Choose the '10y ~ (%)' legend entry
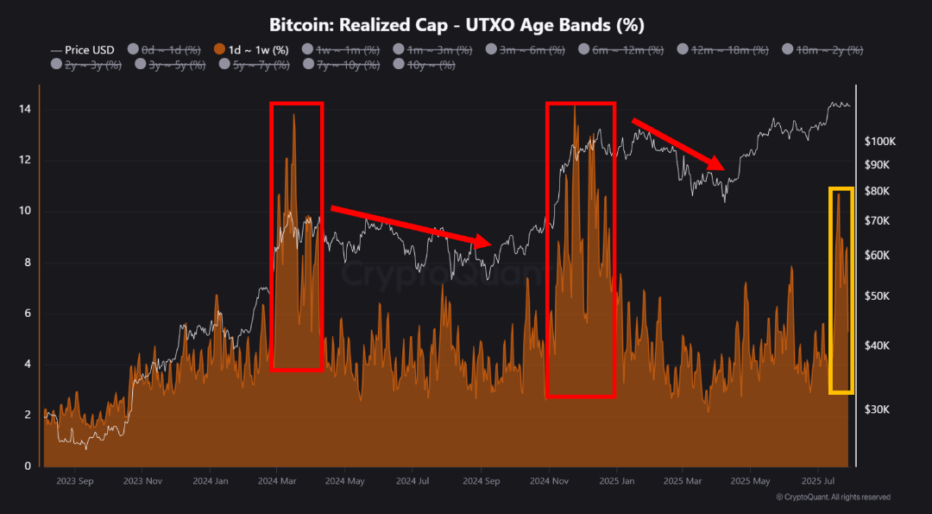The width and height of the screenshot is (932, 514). click(425, 63)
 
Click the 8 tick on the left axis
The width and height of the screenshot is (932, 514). click(26, 263)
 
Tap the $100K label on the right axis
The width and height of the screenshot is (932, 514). click(881, 141)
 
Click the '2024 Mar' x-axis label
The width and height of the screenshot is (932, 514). click(275, 479)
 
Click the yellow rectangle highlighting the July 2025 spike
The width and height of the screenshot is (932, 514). click(841, 187)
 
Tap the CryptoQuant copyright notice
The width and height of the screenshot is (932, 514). click(833, 497)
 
